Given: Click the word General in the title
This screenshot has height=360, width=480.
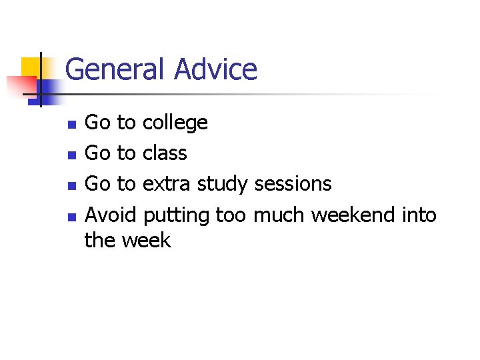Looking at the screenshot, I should click(x=116, y=69).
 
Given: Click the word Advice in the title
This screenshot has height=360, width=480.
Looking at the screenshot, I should click(x=215, y=69).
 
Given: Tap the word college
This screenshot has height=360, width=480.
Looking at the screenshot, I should click(x=175, y=123).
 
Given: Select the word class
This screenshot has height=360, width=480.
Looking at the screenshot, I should click(x=165, y=153).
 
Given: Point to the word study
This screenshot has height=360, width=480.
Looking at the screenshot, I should click(x=223, y=183).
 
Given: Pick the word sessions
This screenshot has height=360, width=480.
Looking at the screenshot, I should click(x=293, y=183).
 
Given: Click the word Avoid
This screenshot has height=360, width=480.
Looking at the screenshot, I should click(x=111, y=215).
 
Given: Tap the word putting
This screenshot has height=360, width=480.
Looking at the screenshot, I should click(x=176, y=216).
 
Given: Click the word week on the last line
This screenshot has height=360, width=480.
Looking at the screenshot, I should click(x=146, y=240).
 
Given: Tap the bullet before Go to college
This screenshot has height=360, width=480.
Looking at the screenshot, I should click(x=72, y=124).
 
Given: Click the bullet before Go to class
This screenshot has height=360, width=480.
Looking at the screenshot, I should click(x=72, y=155).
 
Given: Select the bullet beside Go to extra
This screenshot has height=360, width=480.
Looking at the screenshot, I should click(x=72, y=185).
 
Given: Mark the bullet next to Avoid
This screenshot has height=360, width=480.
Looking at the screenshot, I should click(x=72, y=215).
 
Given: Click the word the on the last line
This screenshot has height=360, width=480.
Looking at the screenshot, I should click(x=100, y=240).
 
